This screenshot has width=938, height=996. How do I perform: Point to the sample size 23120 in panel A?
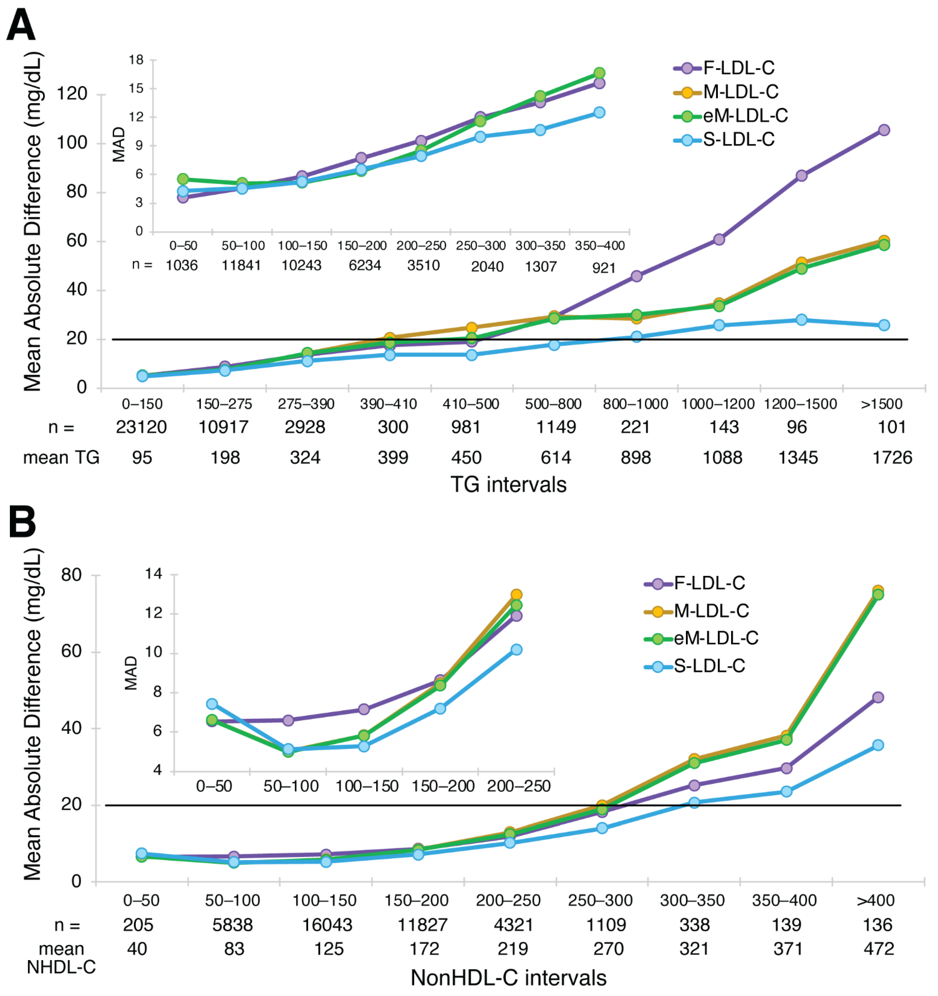click(141, 427)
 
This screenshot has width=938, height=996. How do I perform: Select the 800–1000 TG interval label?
click(635, 404)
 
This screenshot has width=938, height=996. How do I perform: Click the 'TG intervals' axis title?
click(508, 484)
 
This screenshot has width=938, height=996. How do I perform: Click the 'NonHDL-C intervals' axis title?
click(508, 978)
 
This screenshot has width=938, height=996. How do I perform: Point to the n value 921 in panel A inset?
click(604, 268)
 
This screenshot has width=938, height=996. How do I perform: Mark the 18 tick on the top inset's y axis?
click(136, 60)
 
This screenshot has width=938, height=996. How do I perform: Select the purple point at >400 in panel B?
click(877, 698)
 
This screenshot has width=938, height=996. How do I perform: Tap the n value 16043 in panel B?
click(327, 925)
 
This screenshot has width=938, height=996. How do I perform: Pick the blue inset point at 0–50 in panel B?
click(212, 704)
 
